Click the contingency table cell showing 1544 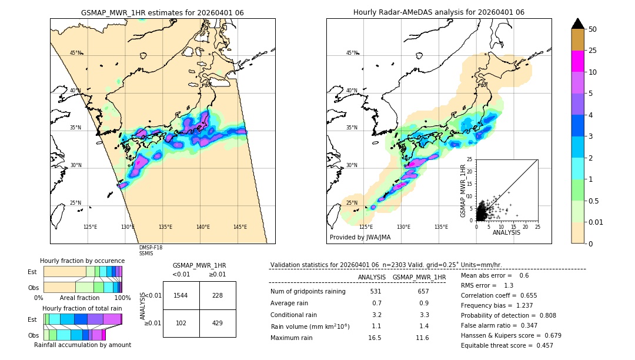point(181,295)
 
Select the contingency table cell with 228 point(218,295)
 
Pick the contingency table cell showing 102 point(181,323)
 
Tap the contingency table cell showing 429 point(218,323)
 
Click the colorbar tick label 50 point(593,29)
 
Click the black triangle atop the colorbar point(578,24)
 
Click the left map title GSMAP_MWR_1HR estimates point(162,12)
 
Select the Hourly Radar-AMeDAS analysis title point(439,12)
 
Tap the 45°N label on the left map point(75,53)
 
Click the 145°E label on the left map point(240,227)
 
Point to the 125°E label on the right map point(366,227)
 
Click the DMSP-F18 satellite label point(151,248)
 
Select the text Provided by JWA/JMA point(360,237)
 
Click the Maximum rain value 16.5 point(375,338)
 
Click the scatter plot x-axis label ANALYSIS point(506,232)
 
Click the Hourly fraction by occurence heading point(82,261)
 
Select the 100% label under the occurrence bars point(122,298)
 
